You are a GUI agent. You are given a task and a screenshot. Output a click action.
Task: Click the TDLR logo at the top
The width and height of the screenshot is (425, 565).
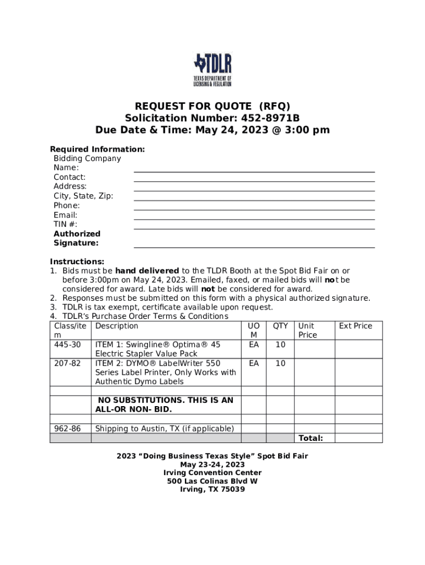coord(212,70)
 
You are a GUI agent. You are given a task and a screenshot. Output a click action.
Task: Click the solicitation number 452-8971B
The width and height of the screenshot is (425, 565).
coord(269,118)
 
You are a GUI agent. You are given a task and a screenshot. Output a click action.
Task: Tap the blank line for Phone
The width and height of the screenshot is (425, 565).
coord(254,209)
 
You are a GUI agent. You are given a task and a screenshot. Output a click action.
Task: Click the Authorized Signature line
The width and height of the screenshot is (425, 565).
coord(254,247)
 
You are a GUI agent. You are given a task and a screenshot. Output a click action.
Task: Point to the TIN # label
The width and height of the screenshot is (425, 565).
coord(65,225)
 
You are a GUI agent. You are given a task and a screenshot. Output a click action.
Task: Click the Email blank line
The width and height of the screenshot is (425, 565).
coord(254,218)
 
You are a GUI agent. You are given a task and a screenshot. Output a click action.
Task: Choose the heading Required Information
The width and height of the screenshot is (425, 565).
coord(98,150)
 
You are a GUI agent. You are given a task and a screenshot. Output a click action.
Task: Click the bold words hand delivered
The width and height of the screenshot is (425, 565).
coord(147,271)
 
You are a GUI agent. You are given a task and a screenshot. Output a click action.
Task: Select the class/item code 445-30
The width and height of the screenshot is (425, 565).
coord(67,345)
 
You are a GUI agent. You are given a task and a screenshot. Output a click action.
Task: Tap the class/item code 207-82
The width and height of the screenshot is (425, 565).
coord(67,364)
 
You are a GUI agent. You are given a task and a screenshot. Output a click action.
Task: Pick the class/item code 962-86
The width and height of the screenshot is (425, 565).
coord(67,429)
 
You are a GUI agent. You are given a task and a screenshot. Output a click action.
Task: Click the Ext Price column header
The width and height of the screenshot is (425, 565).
coord(355,326)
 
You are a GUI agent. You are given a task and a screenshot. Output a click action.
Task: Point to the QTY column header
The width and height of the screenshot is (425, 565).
coord(280,326)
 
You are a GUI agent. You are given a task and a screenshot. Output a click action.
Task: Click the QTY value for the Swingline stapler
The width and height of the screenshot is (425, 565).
coord(280,345)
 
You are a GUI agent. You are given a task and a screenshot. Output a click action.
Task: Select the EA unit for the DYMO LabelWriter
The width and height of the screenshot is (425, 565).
coord(254,364)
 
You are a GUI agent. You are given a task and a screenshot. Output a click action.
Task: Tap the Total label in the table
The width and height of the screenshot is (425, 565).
coord(311,438)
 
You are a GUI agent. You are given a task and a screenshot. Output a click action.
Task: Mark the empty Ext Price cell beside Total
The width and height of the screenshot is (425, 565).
coord(358,438)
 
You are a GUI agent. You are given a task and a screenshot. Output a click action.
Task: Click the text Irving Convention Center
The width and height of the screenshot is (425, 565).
coord(212,473)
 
